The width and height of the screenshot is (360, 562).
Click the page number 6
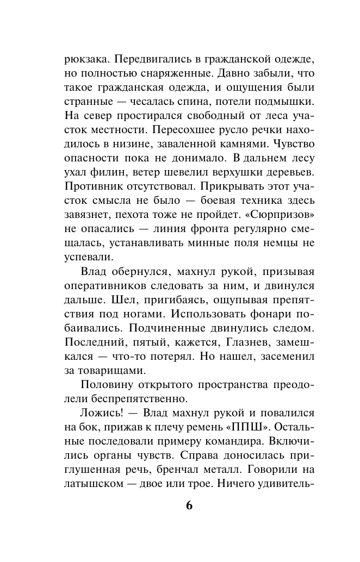pyautogui.click(x=189, y=504)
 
